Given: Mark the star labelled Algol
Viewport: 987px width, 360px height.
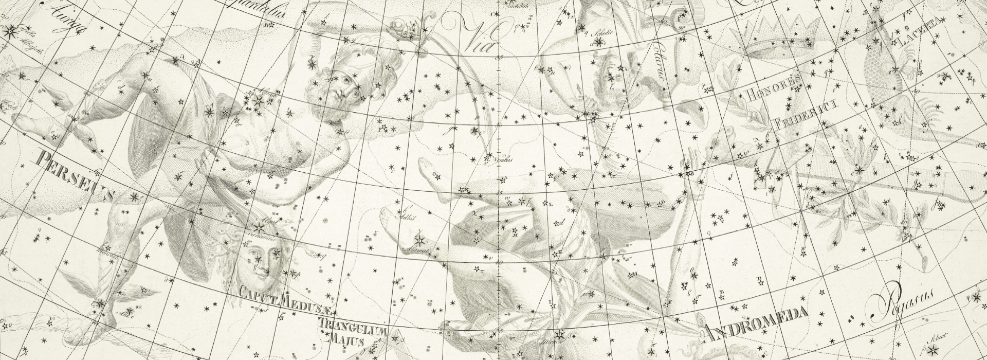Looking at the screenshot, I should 257,227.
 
